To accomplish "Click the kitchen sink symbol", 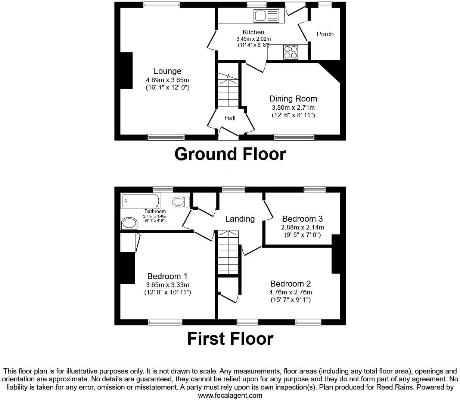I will pyautogui.click(x=266, y=16).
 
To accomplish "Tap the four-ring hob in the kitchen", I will pyautogui.click(x=290, y=52).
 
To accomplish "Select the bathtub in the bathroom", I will pyautogui.click(x=140, y=201).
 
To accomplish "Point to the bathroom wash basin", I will pyautogui.click(x=129, y=223).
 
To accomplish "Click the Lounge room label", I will pyautogui.click(x=167, y=71).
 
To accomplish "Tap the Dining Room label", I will pyautogui.click(x=293, y=99).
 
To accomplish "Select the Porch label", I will pyautogui.click(x=325, y=34).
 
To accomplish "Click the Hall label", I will pyautogui.click(x=230, y=118).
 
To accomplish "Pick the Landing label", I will pyautogui.click(x=240, y=219).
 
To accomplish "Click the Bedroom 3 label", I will pyautogui.click(x=302, y=219).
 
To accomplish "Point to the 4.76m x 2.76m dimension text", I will pyautogui.click(x=291, y=292).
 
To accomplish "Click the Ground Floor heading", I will pyautogui.click(x=230, y=154).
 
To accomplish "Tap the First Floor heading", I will pyautogui.click(x=230, y=339).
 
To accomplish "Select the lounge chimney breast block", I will pyautogui.click(x=126, y=71).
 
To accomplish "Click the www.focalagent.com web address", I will pyautogui.click(x=230, y=395).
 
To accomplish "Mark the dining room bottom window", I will pyautogui.click(x=294, y=137).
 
